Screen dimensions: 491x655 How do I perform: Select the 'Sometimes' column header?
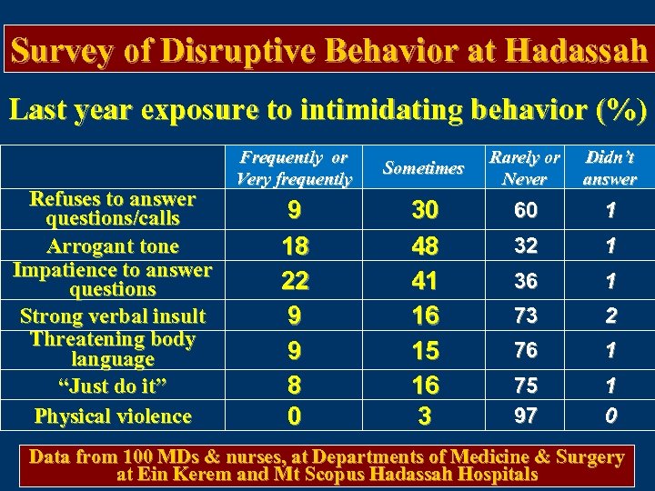pos(423,168)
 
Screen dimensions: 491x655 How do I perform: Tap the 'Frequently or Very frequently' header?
pos(293,168)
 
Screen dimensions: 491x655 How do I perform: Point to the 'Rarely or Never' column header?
pos(525,168)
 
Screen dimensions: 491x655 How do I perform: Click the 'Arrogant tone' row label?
pos(113,245)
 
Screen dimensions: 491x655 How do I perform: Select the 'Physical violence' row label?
pos(113,416)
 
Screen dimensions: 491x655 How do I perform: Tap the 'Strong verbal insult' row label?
pos(113,316)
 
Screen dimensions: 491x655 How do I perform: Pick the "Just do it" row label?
pos(113,385)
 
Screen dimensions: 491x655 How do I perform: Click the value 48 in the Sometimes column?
pos(424,246)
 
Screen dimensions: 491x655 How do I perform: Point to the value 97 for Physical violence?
pos(525,416)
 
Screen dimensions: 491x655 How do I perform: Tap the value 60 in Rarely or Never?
pos(525,211)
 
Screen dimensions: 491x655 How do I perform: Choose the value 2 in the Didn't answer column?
pos(610,316)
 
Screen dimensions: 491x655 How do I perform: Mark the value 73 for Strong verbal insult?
pos(525,316)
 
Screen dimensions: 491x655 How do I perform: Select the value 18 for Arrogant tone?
pos(294,246)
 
